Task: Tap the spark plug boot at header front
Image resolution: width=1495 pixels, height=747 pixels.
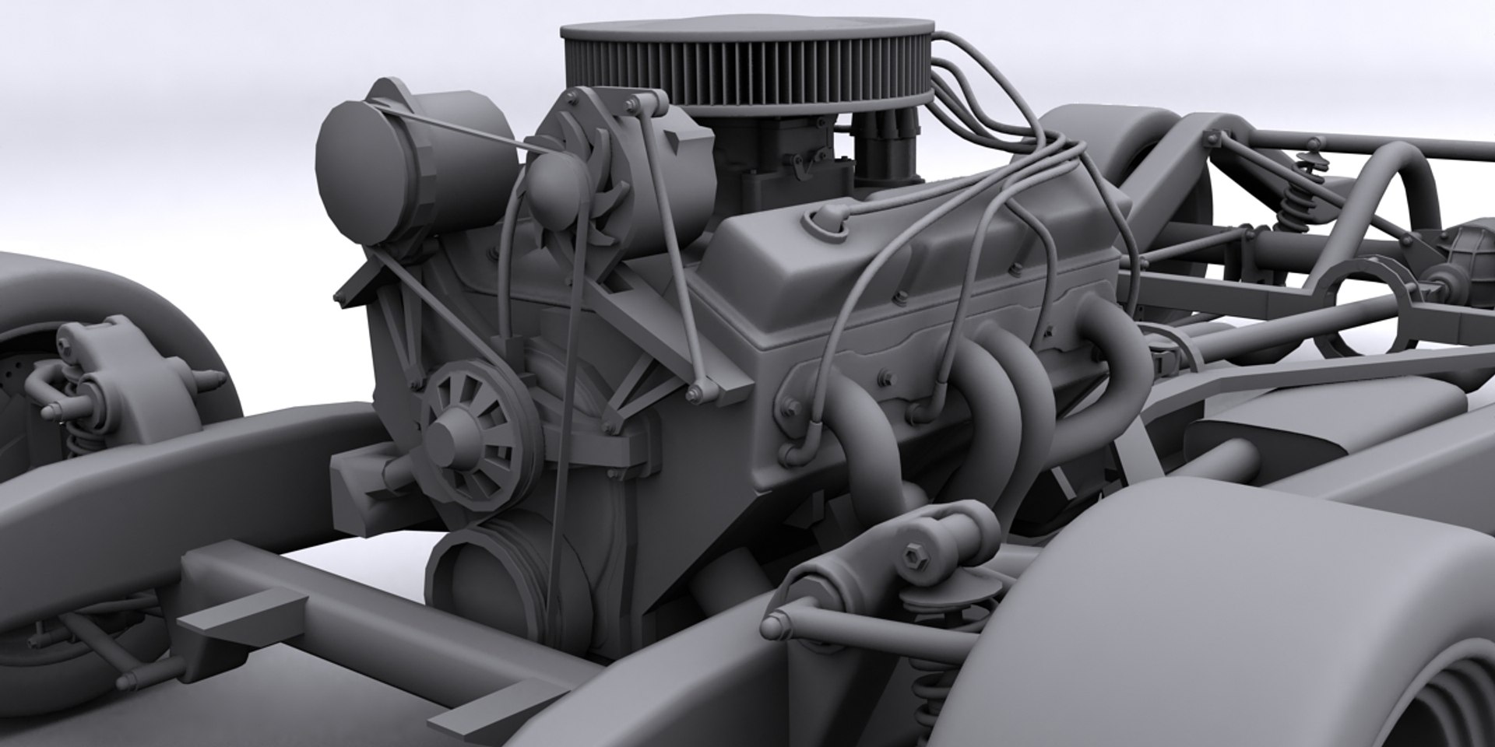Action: click(x=794, y=451)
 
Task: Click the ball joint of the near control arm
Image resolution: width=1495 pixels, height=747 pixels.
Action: click(x=779, y=622)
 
